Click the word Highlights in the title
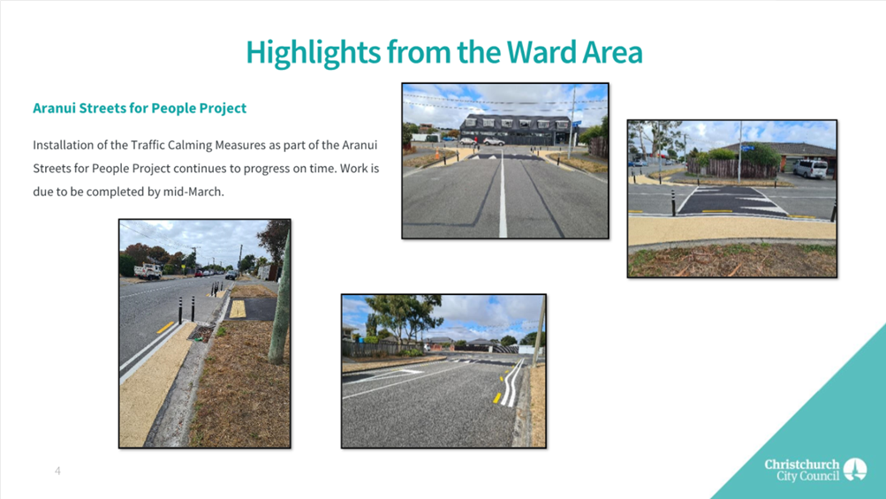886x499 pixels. point(314,53)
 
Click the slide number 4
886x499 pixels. point(57,471)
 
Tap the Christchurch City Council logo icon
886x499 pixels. point(855,469)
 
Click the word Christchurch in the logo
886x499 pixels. point(802,464)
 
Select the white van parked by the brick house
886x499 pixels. point(810,168)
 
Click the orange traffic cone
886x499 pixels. point(436,153)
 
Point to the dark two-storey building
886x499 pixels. point(515,130)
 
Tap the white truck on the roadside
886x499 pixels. point(148,271)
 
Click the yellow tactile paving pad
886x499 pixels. point(238,308)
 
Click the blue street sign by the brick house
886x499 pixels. point(748,148)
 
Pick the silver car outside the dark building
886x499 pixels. point(493,141)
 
